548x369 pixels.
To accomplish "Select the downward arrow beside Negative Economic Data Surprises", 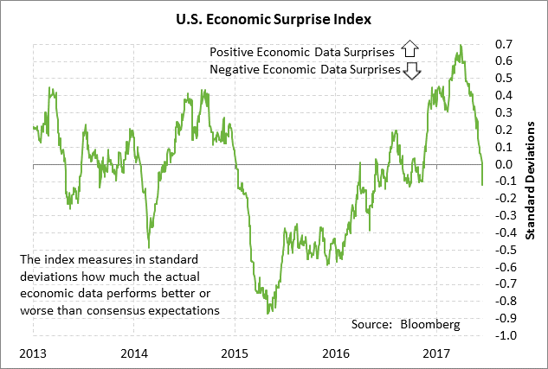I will click(x=412, y=70).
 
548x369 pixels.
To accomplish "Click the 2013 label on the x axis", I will click(x=33, y=354).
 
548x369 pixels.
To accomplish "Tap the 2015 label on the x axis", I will click(x=235, y=354).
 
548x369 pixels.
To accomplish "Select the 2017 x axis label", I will click(x=435, y=354).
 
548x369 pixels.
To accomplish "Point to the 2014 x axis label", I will click(x=133, y=354).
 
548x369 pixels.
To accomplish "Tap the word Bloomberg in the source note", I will click(x=430, y=324).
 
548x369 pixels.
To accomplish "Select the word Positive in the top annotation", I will click(x=233, y=50).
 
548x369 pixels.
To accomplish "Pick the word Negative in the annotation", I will click(x=235, y=69).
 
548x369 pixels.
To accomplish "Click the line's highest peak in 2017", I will click(x=460, y=45).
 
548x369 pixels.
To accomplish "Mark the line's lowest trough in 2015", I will click(x=268, y=313).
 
